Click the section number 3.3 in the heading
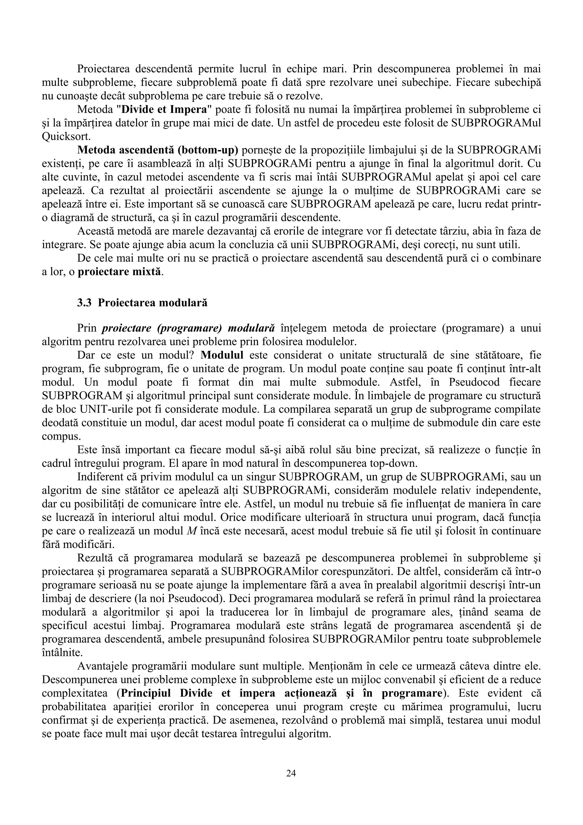point(85,303)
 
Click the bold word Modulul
point(222,355)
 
